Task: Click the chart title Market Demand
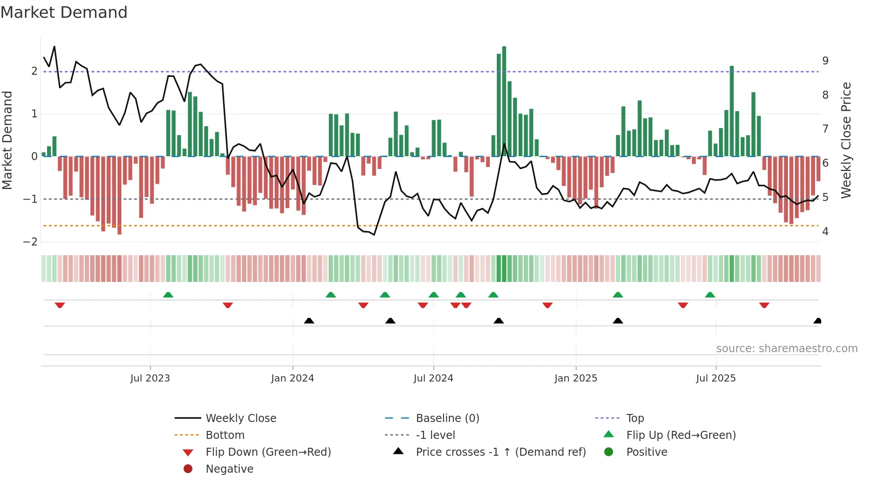64,12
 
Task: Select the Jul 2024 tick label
433,378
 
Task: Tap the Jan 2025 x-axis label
575,378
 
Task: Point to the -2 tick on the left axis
31,242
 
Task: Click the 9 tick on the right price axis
825,61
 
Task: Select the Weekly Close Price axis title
846,140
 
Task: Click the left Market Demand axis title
8,140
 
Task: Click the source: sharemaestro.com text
787,349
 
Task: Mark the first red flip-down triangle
60,305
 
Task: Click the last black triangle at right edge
817,321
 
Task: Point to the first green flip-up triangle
168,295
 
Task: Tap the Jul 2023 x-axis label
150,378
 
